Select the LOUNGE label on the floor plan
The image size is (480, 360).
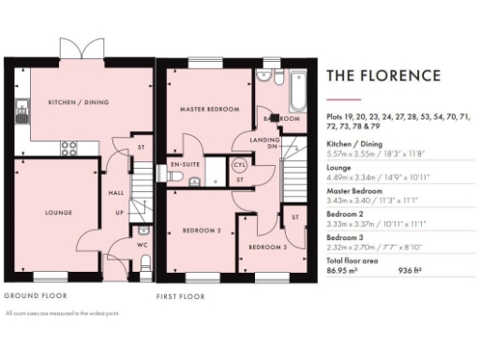click(x=58, y=213)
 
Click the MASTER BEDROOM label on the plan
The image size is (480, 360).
click(x=205, y=109)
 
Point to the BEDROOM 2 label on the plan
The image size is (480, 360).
click(x=202, y=230)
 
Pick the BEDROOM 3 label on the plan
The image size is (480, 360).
click(x=267, y=247)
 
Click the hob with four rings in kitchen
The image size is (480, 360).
click(x=69, y=146)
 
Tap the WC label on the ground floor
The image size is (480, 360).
click(x=142, y=247)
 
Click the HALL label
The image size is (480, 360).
click(x=117, y=193)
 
